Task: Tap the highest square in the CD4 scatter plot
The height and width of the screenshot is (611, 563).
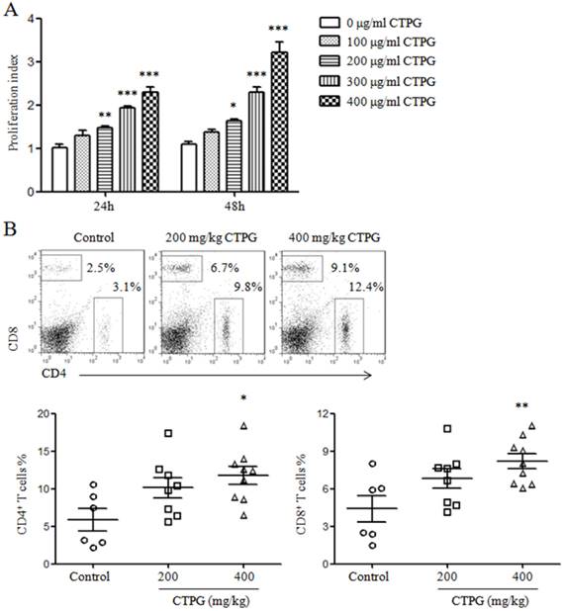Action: point(168,433)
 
